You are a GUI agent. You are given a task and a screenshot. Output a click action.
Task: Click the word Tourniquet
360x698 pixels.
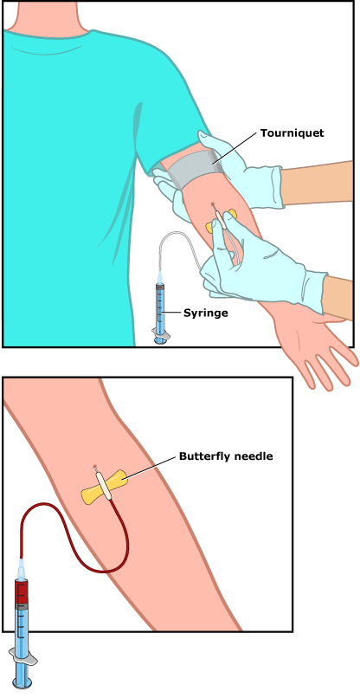click(292, 133)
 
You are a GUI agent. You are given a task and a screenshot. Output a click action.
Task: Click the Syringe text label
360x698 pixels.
click(206, 313)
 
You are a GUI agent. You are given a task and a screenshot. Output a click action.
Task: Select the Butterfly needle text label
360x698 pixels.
click(226, 456)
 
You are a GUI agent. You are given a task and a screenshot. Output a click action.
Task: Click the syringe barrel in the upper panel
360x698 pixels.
click(160, 307)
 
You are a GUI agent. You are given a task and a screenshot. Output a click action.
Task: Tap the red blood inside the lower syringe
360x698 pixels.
click(22, 591)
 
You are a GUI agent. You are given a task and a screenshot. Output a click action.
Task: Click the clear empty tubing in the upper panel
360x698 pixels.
click(178, 233)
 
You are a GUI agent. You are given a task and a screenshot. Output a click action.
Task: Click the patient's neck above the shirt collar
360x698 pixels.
click(48, 18)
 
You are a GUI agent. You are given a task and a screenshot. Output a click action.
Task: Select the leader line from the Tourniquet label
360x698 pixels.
click(235, 148)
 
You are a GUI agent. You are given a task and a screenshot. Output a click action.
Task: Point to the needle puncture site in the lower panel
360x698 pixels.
click(94, 467)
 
